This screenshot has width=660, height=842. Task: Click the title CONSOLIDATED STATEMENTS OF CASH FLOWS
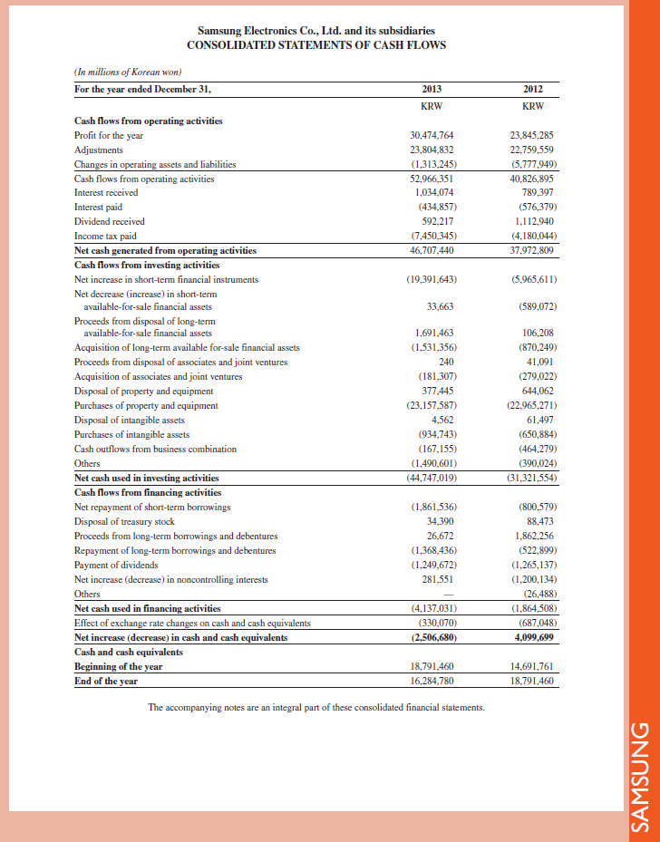316,45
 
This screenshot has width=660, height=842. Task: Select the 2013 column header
432,89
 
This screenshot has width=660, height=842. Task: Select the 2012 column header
533,89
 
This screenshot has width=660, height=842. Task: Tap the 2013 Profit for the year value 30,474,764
432,135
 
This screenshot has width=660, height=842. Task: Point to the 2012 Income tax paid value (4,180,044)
533,236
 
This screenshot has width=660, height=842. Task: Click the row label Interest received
106,192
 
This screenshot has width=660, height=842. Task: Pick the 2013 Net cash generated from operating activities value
432,250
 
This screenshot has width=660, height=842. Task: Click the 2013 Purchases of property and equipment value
432,405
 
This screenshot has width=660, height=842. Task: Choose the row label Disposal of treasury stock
123,521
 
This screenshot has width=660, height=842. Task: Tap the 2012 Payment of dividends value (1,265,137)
533,565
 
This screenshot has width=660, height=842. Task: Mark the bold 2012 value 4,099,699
534,637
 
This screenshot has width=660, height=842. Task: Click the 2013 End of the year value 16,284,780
432,681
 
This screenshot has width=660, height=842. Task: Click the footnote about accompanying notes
316,707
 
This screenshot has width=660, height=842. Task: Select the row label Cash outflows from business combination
155,449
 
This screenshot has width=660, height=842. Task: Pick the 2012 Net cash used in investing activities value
533,478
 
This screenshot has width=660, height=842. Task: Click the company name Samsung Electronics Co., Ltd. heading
316,31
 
